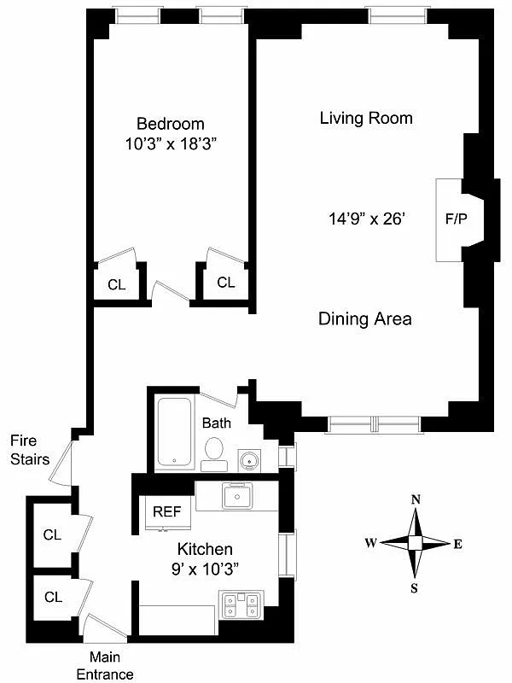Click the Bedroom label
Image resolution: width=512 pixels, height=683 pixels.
point(171,124)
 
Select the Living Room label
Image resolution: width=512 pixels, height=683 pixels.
point(366,118)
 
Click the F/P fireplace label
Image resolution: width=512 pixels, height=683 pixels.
point(456,219)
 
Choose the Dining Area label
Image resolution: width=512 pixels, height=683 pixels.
point(365,319)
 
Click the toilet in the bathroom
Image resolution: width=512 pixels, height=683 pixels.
point(213,450)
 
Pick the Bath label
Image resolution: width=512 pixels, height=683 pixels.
point(216,423)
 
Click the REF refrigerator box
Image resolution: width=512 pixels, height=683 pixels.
point(167,512)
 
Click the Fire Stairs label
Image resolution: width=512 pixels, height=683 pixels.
point(30,450)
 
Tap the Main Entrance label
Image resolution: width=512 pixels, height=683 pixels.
point(111,665)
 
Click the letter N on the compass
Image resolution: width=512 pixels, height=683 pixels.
point(416,500)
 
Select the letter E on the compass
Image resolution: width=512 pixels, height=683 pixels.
point(457,544)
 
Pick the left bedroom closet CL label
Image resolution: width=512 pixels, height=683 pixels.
point(116,284)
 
